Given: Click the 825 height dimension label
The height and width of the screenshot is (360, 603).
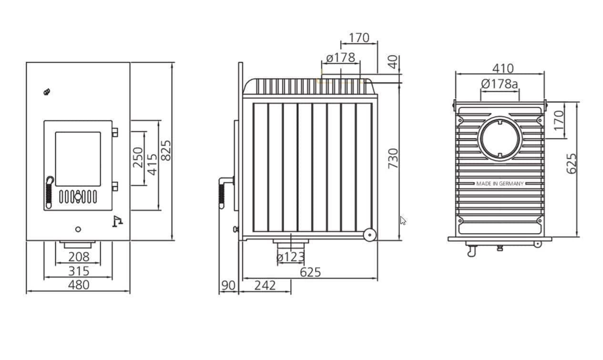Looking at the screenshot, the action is coord(166,151).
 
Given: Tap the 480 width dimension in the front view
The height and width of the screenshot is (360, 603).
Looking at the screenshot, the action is coord(79,285).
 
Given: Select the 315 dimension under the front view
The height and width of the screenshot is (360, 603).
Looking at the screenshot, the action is coord(79,271).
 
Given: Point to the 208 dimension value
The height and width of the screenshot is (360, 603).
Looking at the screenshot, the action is coord(79,257).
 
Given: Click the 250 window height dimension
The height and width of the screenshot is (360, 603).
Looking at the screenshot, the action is coord(138,157).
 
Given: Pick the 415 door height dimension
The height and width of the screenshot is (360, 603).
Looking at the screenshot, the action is coord(153,165).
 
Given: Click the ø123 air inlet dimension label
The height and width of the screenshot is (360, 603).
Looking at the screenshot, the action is coord(290,257).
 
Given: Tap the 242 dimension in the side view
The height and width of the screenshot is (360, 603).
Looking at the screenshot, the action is coord(265,286).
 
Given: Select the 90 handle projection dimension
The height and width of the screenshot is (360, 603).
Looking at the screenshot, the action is coord(228,286).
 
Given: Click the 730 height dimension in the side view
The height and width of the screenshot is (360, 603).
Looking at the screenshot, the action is coord(393,159).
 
